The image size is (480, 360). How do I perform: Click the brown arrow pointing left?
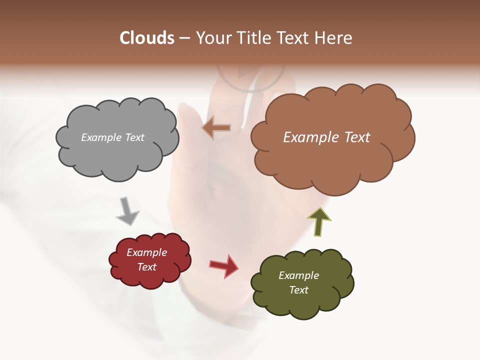216,128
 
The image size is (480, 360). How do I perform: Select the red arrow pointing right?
224,265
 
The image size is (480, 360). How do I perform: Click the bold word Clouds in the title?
147,38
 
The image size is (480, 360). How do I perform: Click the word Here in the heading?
335,38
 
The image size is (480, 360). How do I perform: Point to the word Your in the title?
212,38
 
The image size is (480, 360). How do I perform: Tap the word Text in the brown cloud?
354,137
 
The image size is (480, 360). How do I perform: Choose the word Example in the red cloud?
147,252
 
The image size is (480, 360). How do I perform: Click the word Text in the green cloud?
298,290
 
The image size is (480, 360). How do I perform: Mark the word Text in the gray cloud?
134,137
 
